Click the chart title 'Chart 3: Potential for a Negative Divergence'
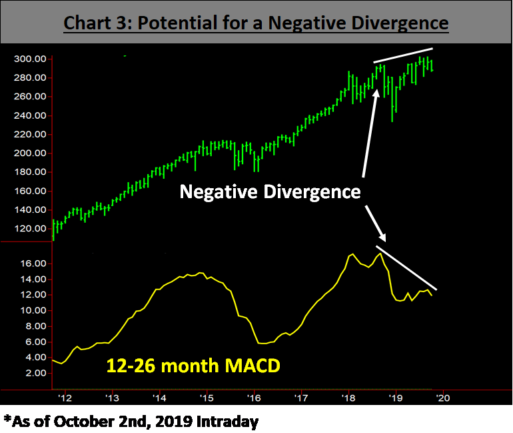(256, 23)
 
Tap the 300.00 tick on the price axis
(30, 59)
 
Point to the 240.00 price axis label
(30, 115)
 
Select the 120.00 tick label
(30, 228)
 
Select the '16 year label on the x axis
(255, 398)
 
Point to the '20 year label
(442, 398)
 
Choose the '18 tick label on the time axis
(348, 398)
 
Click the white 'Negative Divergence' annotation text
(270, 193)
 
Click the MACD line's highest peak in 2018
(352, 254)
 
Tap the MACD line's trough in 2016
(263, 344)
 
